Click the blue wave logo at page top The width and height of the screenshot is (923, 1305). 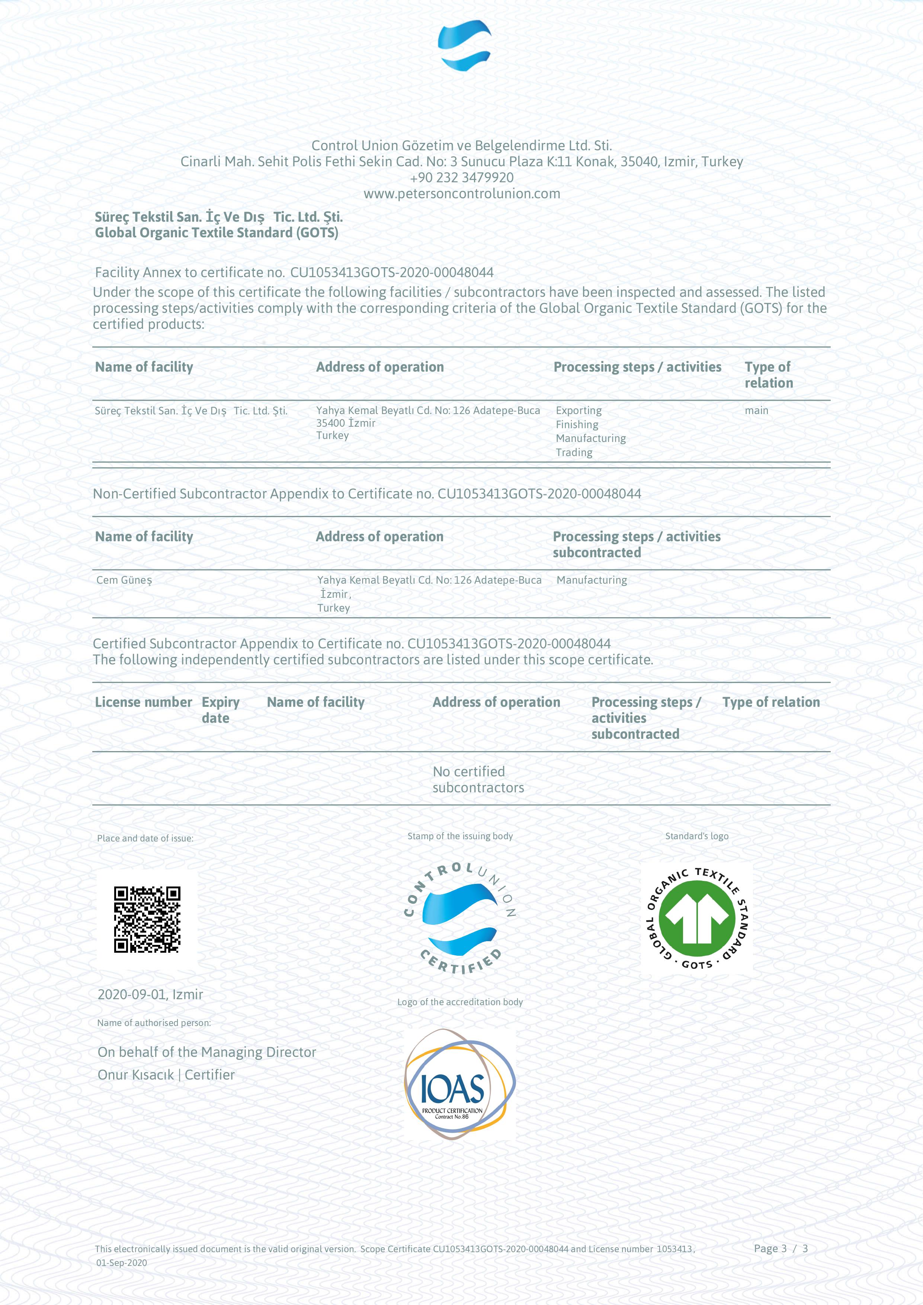point(464,45)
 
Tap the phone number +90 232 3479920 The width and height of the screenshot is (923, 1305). point(461,178)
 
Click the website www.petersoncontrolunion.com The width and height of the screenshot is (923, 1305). point(461,194)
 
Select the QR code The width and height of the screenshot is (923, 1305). point(147,919)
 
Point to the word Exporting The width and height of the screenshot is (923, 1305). point(579,410)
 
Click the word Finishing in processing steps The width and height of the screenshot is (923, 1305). point(577,424)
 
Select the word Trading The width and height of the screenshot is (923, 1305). point(574,452)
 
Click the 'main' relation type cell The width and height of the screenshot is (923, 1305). point(756,410)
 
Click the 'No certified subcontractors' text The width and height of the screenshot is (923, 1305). point(478,779)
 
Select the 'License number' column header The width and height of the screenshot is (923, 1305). point(143,702)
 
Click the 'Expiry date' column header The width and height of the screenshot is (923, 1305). point(221,710)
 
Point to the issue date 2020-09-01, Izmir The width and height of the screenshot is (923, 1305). point(150,994)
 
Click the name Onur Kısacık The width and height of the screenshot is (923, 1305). point(136,1075)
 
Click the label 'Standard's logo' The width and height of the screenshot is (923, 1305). point(697,836)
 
